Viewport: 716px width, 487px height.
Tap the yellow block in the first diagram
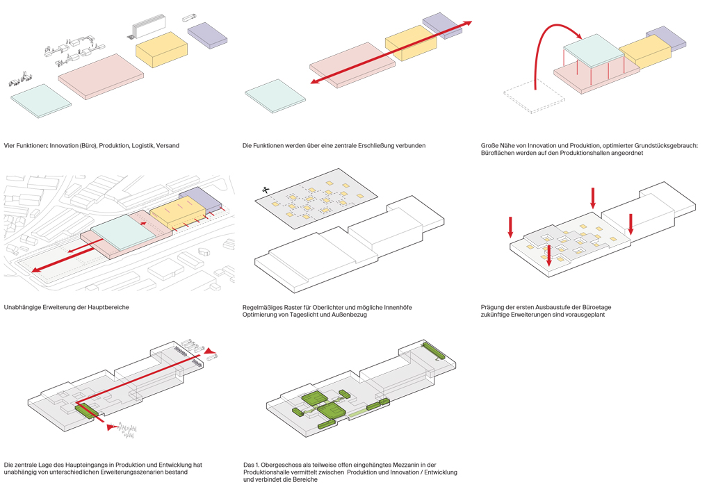click(x=162, y=49)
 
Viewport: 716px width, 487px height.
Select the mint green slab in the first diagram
click(x=40, y=101)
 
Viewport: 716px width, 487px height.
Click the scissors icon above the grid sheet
click(x=266, y=190)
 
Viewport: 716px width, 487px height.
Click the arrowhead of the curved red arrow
click(x=579, y=35)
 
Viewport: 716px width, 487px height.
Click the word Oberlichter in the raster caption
click(x=313, y=307)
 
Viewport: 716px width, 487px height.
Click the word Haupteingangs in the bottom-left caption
click(x=92, y=464)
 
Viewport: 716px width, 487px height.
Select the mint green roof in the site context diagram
click(x=120, y=232)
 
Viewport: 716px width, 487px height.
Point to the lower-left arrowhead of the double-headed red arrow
click(x=314, y=83)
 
